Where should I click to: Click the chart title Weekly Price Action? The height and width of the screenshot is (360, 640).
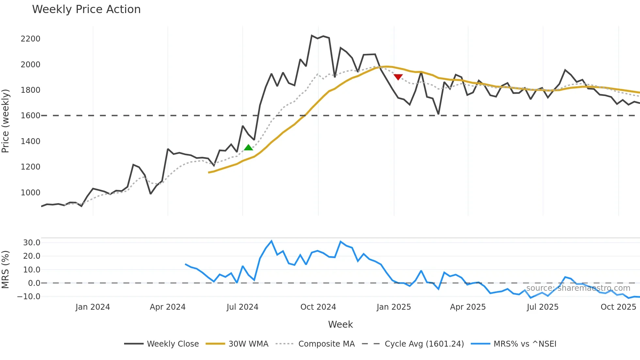click(x=86, y=9)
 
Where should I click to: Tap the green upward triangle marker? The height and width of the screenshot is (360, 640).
click(x=248, y=147)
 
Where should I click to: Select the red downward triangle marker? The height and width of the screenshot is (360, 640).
click(x=398, y=77)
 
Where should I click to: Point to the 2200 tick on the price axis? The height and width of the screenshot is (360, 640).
click(x=30, y=39)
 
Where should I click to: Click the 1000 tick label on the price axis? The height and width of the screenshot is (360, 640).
click(x=30, y=193)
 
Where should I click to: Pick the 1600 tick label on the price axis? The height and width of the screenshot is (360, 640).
click(x=30, y=116)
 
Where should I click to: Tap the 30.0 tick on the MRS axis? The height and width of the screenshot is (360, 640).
click(x=32, y=243)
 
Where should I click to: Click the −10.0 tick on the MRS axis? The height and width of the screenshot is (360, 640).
click(x=29, y=297)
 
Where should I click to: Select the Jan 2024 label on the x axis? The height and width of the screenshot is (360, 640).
click(x=93, y=307)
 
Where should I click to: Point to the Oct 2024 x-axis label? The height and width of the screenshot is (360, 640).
click(x=318, y=307)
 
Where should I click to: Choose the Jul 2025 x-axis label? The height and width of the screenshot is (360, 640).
click(x=542, y=307)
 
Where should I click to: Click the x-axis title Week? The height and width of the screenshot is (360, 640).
click(x=340, y=324)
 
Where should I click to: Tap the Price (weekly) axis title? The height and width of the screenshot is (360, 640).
click(x=5, y=121)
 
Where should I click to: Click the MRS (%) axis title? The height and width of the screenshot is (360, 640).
click(x=5, y=270)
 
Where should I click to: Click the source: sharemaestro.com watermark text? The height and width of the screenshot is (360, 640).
click(x=578, y=288)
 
